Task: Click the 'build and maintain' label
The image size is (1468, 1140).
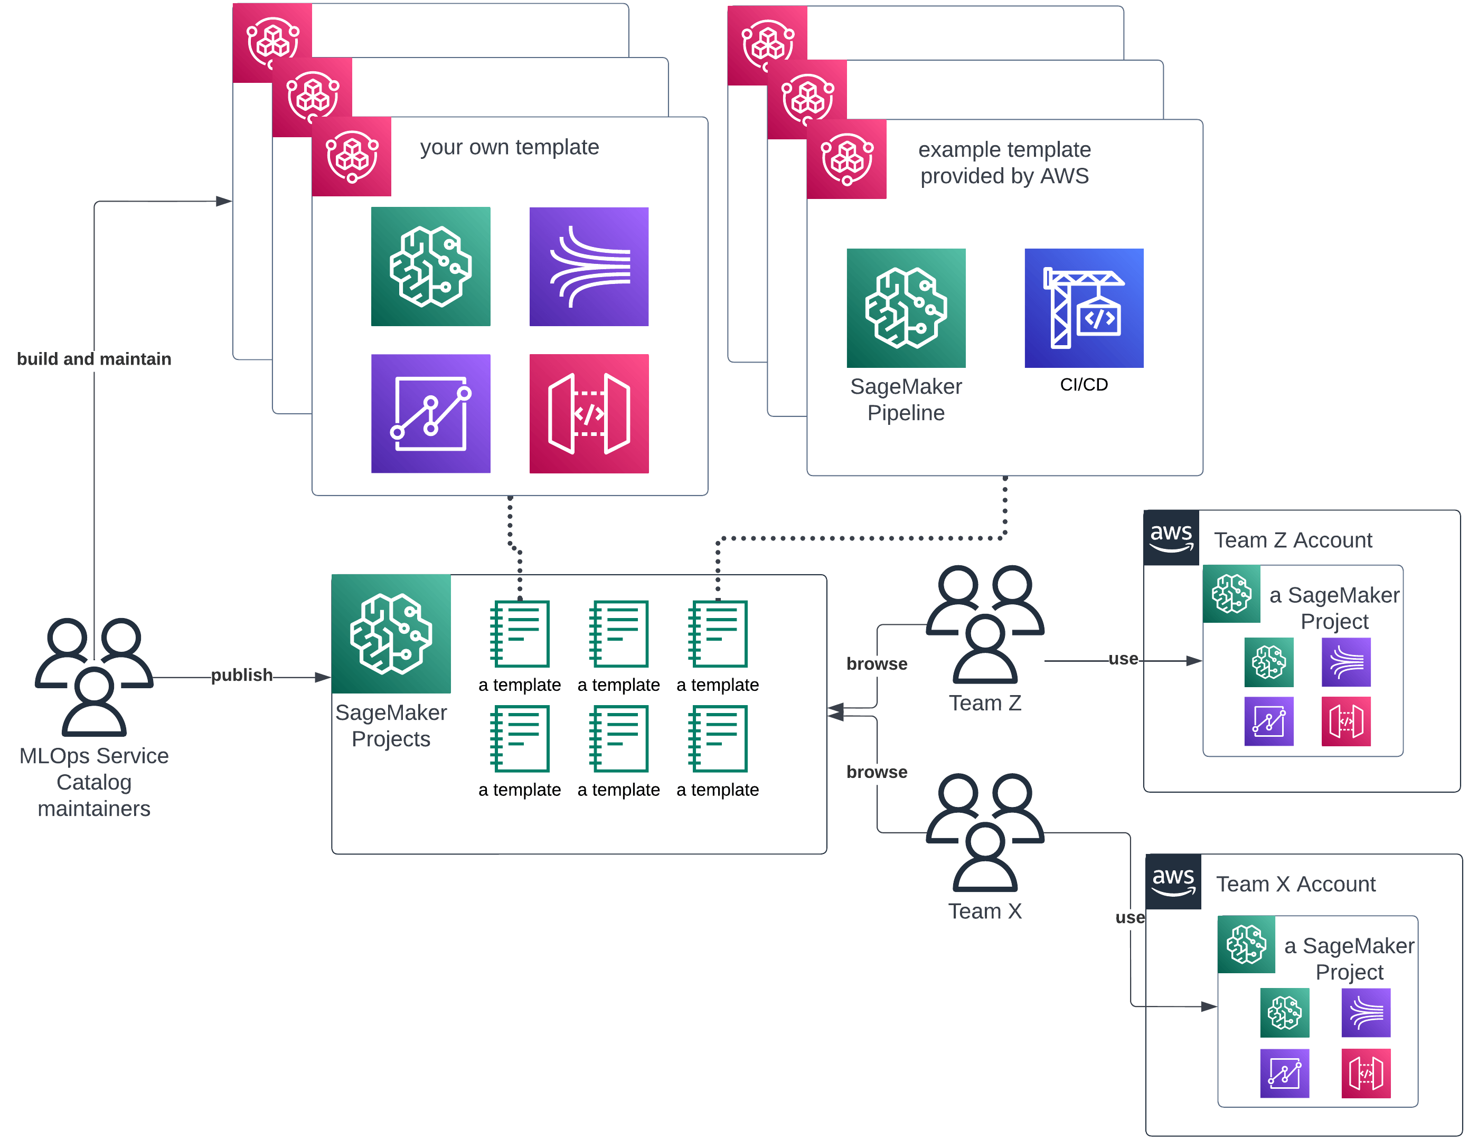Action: tap(94, 359)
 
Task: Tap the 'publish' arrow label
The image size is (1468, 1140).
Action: tap(242, 675)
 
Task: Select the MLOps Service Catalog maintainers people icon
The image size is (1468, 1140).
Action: tap(94, 677)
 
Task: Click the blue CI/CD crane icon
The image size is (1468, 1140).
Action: tap(1084, 308)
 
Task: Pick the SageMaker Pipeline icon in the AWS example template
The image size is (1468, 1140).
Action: tap(906, 308)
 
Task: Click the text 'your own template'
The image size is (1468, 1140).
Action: tap(510, 147)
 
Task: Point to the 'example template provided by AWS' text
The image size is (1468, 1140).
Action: tap(1004, 163)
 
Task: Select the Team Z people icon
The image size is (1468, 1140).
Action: tap(985, 625)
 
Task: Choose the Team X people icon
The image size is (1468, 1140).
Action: tap(985, 833)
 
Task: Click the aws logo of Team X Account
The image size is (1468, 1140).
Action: tap(1173, 882)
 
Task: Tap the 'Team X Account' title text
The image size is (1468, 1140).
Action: tap(1295, 884)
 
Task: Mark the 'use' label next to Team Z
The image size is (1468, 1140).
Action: tap(1123, 659)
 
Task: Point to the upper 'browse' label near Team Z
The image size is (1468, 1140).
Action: tap(877, 664)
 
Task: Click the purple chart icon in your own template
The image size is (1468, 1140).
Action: tap(430, 414)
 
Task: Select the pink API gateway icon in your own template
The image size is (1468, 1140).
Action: tap(589, 414)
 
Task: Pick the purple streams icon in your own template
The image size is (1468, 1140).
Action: tap(589, 267)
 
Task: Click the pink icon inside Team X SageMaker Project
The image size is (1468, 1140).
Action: tap(1366, 1073)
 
